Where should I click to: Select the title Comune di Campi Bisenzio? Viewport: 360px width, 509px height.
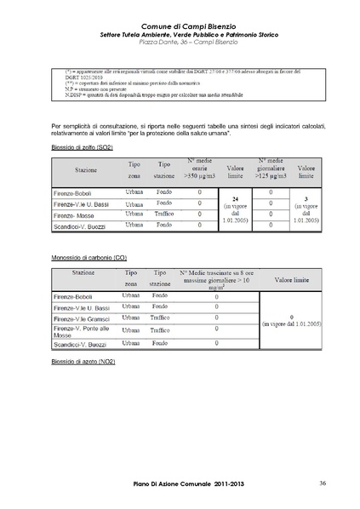[180, 27]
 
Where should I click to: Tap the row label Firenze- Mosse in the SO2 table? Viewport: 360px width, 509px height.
[76, 214]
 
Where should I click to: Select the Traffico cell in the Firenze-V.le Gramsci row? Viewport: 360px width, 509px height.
[160, 317]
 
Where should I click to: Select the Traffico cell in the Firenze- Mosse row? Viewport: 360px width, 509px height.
[164, 214]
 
